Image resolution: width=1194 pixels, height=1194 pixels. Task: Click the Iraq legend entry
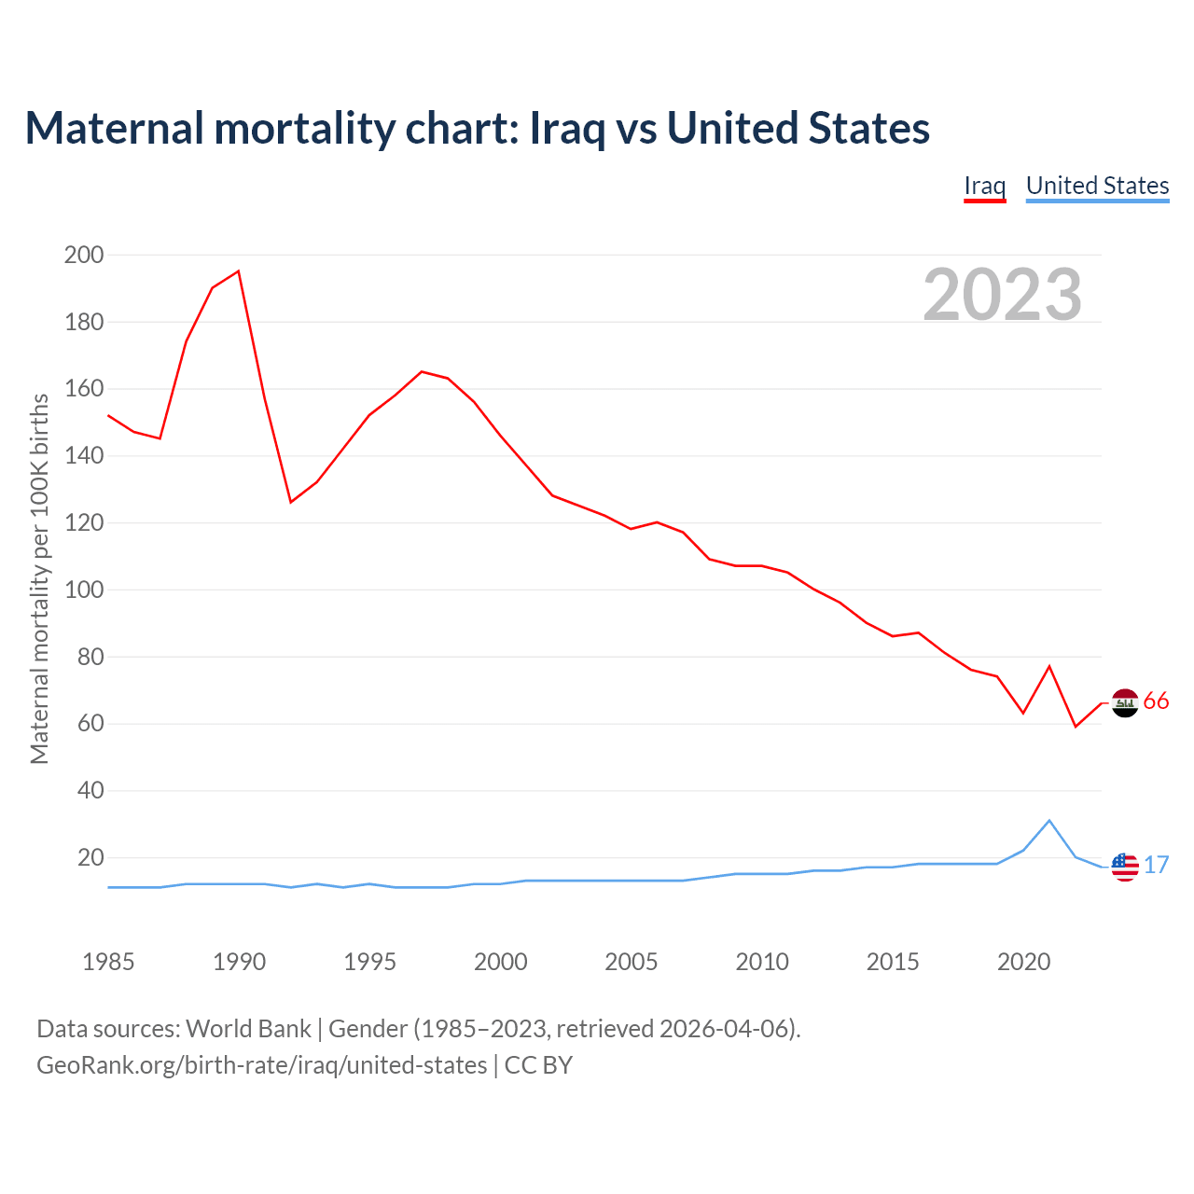pos(984,186)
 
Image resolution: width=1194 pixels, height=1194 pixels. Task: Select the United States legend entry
pos(1097,186)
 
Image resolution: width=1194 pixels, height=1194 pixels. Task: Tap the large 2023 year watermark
pos(1002,294)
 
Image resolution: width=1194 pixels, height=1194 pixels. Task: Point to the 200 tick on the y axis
pos(84,255)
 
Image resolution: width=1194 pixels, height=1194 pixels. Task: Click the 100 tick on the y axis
pos(84,590)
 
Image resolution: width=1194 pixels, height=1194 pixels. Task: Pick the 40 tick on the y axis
pos(90,791)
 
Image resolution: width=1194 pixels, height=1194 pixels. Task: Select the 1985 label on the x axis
pos(108,962)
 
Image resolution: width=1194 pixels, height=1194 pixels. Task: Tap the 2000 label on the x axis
pos(501,962)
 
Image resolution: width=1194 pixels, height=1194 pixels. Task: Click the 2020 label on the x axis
pos(1023,962)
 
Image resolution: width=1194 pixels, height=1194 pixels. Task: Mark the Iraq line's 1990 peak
pos(239,271)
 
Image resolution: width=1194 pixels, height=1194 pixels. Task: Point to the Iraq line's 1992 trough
pos(291,502)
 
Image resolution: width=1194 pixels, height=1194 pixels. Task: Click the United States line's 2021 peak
pos(1049,821)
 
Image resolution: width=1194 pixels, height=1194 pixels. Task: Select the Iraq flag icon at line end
pos(1125,703)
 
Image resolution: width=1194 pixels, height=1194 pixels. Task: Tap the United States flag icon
pos(1125,867)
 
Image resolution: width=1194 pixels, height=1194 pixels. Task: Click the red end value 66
pos(1156,701)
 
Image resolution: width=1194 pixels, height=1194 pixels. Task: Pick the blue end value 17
pos(1156,866)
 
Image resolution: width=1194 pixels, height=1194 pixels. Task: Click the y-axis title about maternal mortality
pos(39,578)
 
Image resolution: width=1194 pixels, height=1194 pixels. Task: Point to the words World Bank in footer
pos(248,1029)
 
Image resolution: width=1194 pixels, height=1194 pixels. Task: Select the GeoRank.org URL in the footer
pos(261,1065)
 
